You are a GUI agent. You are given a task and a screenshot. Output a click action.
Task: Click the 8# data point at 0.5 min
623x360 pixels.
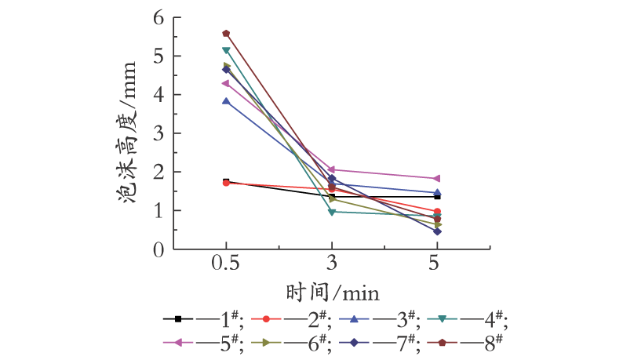point(226,34)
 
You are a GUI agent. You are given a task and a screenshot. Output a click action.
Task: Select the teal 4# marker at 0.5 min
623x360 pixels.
point(226,50)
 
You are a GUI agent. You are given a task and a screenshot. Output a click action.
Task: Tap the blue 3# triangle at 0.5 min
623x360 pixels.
point(226,101)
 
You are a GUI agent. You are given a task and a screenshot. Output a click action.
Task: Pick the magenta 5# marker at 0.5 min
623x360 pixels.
point(226,83)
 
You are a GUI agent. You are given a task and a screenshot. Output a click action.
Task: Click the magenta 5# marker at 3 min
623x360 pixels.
point(331,169)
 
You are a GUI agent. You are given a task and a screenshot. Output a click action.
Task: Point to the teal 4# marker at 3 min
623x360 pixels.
point(332,213)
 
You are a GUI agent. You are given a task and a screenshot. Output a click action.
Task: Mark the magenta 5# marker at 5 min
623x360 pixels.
point(437,178)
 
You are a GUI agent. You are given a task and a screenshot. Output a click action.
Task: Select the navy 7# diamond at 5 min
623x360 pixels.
point(437,231)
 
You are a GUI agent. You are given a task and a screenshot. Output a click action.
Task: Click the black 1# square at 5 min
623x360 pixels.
point(438,197)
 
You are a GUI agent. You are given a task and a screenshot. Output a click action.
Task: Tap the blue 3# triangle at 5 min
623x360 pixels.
point(437,193)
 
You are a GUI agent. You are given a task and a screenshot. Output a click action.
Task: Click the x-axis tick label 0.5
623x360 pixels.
point(226,263)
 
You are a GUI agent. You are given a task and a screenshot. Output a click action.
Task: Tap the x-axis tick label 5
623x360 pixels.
point(434,263)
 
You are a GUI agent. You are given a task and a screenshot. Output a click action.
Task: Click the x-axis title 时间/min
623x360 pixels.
point(333,293)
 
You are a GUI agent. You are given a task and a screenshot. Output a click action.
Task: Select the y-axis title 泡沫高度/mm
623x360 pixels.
point(126,133)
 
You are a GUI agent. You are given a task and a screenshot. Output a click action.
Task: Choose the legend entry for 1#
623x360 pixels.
point(202,319)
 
